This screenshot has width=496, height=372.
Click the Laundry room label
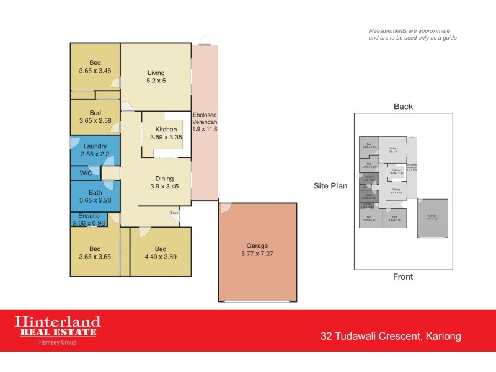[95, 146]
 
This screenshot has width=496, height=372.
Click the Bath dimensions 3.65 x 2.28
[95, 200]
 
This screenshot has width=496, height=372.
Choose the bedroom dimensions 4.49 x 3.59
[161, 257]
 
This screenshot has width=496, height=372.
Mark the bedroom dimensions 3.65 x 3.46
[95, 71]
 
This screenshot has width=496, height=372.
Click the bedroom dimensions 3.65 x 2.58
[95, 121]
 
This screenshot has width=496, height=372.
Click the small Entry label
[176, 214]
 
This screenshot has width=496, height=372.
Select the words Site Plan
[330, 185]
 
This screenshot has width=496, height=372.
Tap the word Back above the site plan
[403, 107]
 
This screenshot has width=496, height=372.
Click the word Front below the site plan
[403, 277]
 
